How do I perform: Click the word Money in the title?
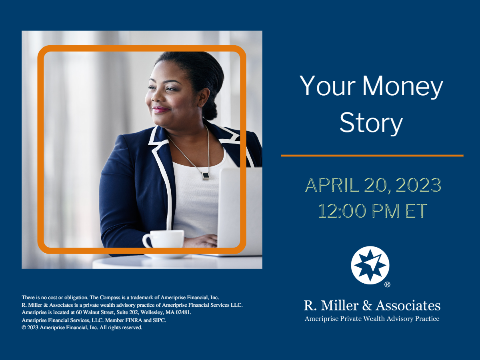click(402, 86)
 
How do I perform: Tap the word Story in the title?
click(371, 123)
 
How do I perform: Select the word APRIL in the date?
click(332, 185)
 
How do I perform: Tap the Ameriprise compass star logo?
click(370, 265)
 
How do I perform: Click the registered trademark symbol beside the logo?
click(387, 284)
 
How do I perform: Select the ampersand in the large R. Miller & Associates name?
click(367, 306)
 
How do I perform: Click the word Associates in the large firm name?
click(408, 306)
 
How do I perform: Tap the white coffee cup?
click(163, 239)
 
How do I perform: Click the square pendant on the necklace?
click(205, 176)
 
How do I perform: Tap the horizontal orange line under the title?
click(372, 156)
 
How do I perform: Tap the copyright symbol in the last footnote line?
click(24, 328)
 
